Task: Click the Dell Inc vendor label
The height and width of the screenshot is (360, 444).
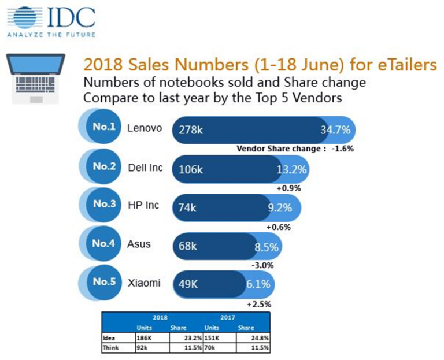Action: coord(145,168)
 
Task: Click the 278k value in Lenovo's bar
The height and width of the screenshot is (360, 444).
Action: coord(191,131)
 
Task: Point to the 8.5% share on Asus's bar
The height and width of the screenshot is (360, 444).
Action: coord(267,247)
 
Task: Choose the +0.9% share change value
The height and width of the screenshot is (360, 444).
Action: coord(290,188)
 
